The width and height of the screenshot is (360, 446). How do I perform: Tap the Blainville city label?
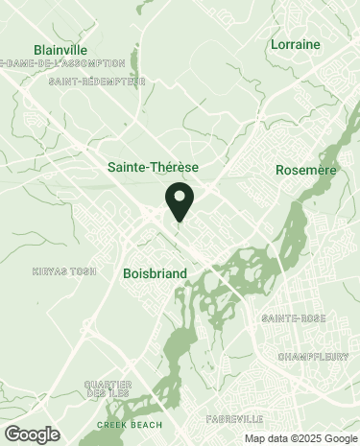60,50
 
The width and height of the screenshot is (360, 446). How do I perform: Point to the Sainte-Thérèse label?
153,167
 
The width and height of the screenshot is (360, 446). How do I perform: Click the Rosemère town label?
304,169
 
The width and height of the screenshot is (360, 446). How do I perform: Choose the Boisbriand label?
155,273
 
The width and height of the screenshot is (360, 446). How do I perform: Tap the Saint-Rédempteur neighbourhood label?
97,82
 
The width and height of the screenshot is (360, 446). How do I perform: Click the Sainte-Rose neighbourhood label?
294,317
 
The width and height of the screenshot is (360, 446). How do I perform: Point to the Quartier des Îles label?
108,388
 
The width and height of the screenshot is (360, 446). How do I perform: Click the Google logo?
32,434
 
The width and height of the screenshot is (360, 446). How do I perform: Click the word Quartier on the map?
108,384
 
